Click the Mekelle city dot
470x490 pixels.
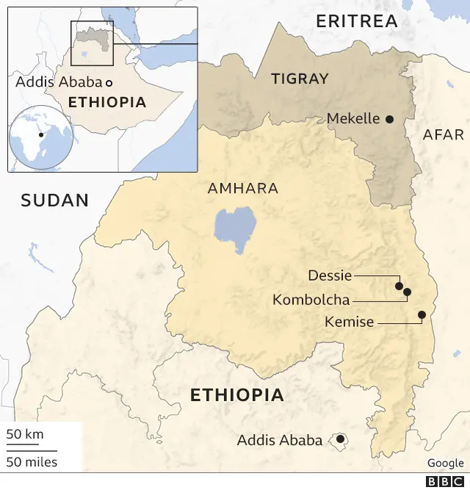(x=389, y=119)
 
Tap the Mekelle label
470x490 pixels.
(x=353, y=119)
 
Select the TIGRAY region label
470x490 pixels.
(x=300, y=79)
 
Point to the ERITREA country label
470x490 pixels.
(x=356, y=21)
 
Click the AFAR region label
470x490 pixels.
(x=444, y=135)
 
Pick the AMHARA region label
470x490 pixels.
(x=243, y=189)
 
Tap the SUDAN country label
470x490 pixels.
(x=54, y=200)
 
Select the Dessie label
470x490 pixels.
(x=330, y=275)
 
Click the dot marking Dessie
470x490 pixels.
(x=399, y=286)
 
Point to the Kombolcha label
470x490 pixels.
(x=311, y=300)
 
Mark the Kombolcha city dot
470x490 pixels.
(x=407, y=292)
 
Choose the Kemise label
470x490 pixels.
(x=349, y=322)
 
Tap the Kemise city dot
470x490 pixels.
(x=422, y=314)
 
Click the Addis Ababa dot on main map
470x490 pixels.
(x=340, y=440)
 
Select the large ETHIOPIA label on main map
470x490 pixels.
(x=236, y=395)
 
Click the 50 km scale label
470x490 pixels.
(x=25, y=434)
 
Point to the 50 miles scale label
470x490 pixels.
(x=32, y=462)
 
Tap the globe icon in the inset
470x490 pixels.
(x=41, y=137)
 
